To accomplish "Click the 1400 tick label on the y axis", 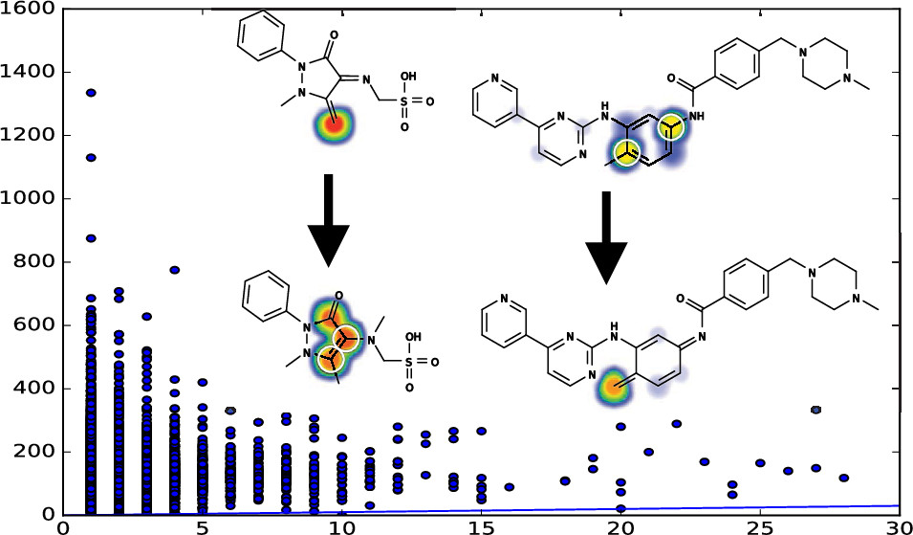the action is (27, 73).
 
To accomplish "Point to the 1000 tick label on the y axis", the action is (27, 199).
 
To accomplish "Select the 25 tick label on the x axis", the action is (760, 526).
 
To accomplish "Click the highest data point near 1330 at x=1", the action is (91, 93).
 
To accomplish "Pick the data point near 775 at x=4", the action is (175, 270).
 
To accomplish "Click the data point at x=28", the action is (844, 478).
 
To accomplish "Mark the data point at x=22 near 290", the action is (677, 424).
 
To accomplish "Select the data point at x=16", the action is (510, 487).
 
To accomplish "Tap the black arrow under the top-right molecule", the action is (606, 237).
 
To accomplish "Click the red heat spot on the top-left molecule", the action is (333, 124).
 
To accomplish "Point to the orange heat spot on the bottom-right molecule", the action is (612, 387).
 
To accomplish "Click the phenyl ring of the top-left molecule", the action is (261, 35).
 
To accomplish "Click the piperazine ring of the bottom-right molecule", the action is (834, 282).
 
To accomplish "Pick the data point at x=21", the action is (648, 452).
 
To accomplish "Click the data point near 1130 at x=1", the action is (91, 157).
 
